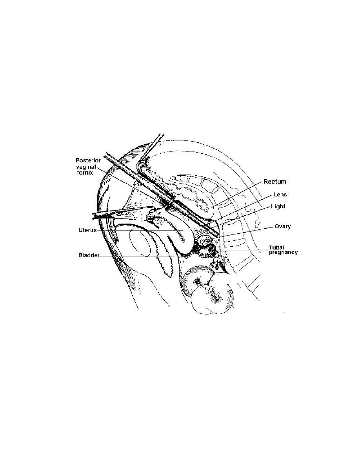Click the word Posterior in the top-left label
coord(88,160)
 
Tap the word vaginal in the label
coord(86,167)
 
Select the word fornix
coord(85,172)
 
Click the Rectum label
coord(275,181)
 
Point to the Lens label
coord(280,195)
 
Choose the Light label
coord(278,206)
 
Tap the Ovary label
coord(282,226)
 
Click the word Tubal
coord(276,247)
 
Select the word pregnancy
coord(283,253)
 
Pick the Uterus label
coord(87,230)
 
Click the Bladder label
coord(89,255)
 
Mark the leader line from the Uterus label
coord(140,230)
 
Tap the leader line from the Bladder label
coord(136,257)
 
